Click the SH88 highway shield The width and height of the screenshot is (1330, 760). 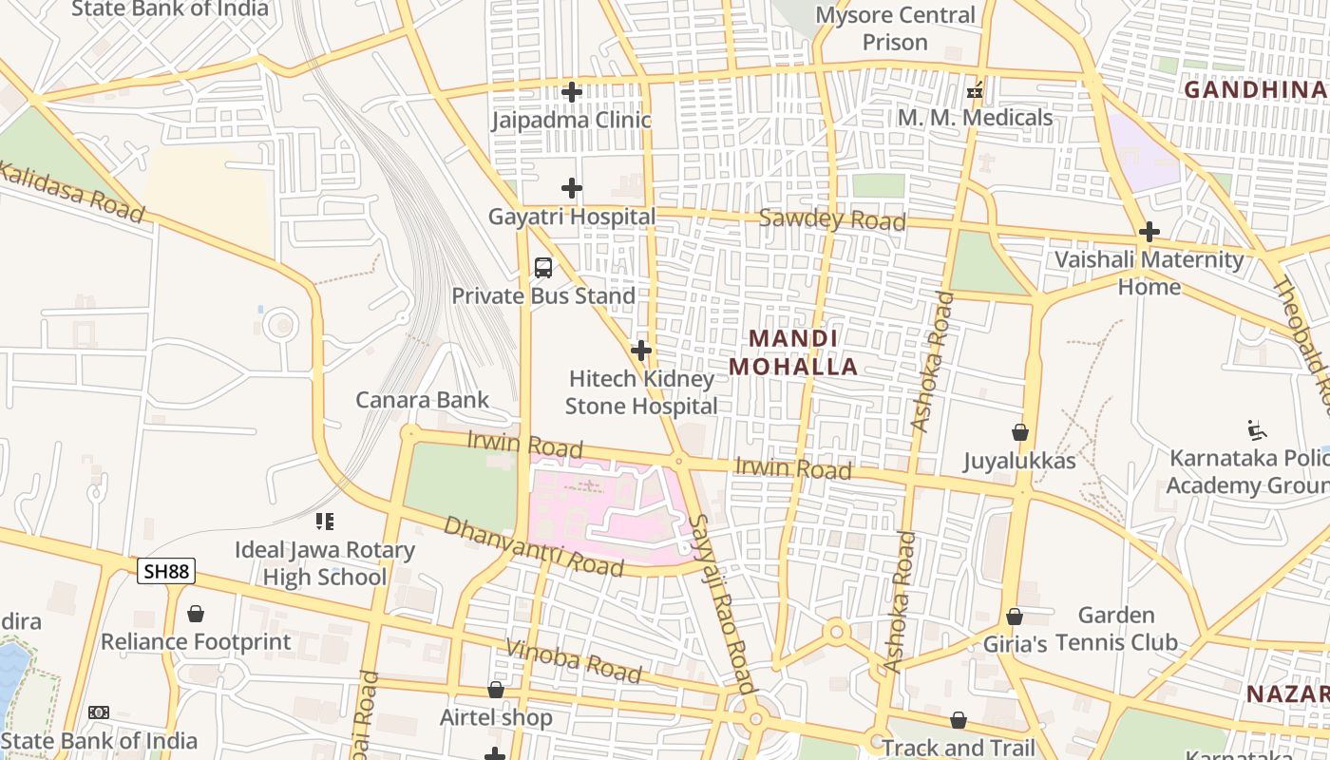click(166, 571)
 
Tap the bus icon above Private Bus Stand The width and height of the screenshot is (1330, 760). click(543, 268)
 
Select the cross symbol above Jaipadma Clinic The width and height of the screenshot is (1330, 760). click(572, 92)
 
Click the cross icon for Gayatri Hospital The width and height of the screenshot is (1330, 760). click(572, 188)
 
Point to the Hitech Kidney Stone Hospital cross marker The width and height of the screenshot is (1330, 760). click(641, 351)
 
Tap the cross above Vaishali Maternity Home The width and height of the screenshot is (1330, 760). click(1149, 232)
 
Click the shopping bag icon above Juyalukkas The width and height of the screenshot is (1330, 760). click(1020, 432)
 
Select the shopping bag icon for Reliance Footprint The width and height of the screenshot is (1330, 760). click(196, 614)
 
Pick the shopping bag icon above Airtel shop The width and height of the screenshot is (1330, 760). click(496, 690)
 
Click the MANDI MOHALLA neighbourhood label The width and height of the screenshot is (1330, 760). click(793, 352)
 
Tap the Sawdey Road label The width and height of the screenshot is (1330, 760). click(832, 220)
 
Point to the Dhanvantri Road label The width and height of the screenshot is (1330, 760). click(533, 547)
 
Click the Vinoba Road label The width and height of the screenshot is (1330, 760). click(573, 661)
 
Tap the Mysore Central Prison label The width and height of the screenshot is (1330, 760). click(895, 28)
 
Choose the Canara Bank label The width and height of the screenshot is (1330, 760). click(422, 400)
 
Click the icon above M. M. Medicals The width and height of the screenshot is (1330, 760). click(974, 91)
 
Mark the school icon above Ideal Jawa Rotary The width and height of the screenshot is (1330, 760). click(325, 522)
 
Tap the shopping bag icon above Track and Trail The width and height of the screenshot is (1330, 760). click(959, 720)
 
